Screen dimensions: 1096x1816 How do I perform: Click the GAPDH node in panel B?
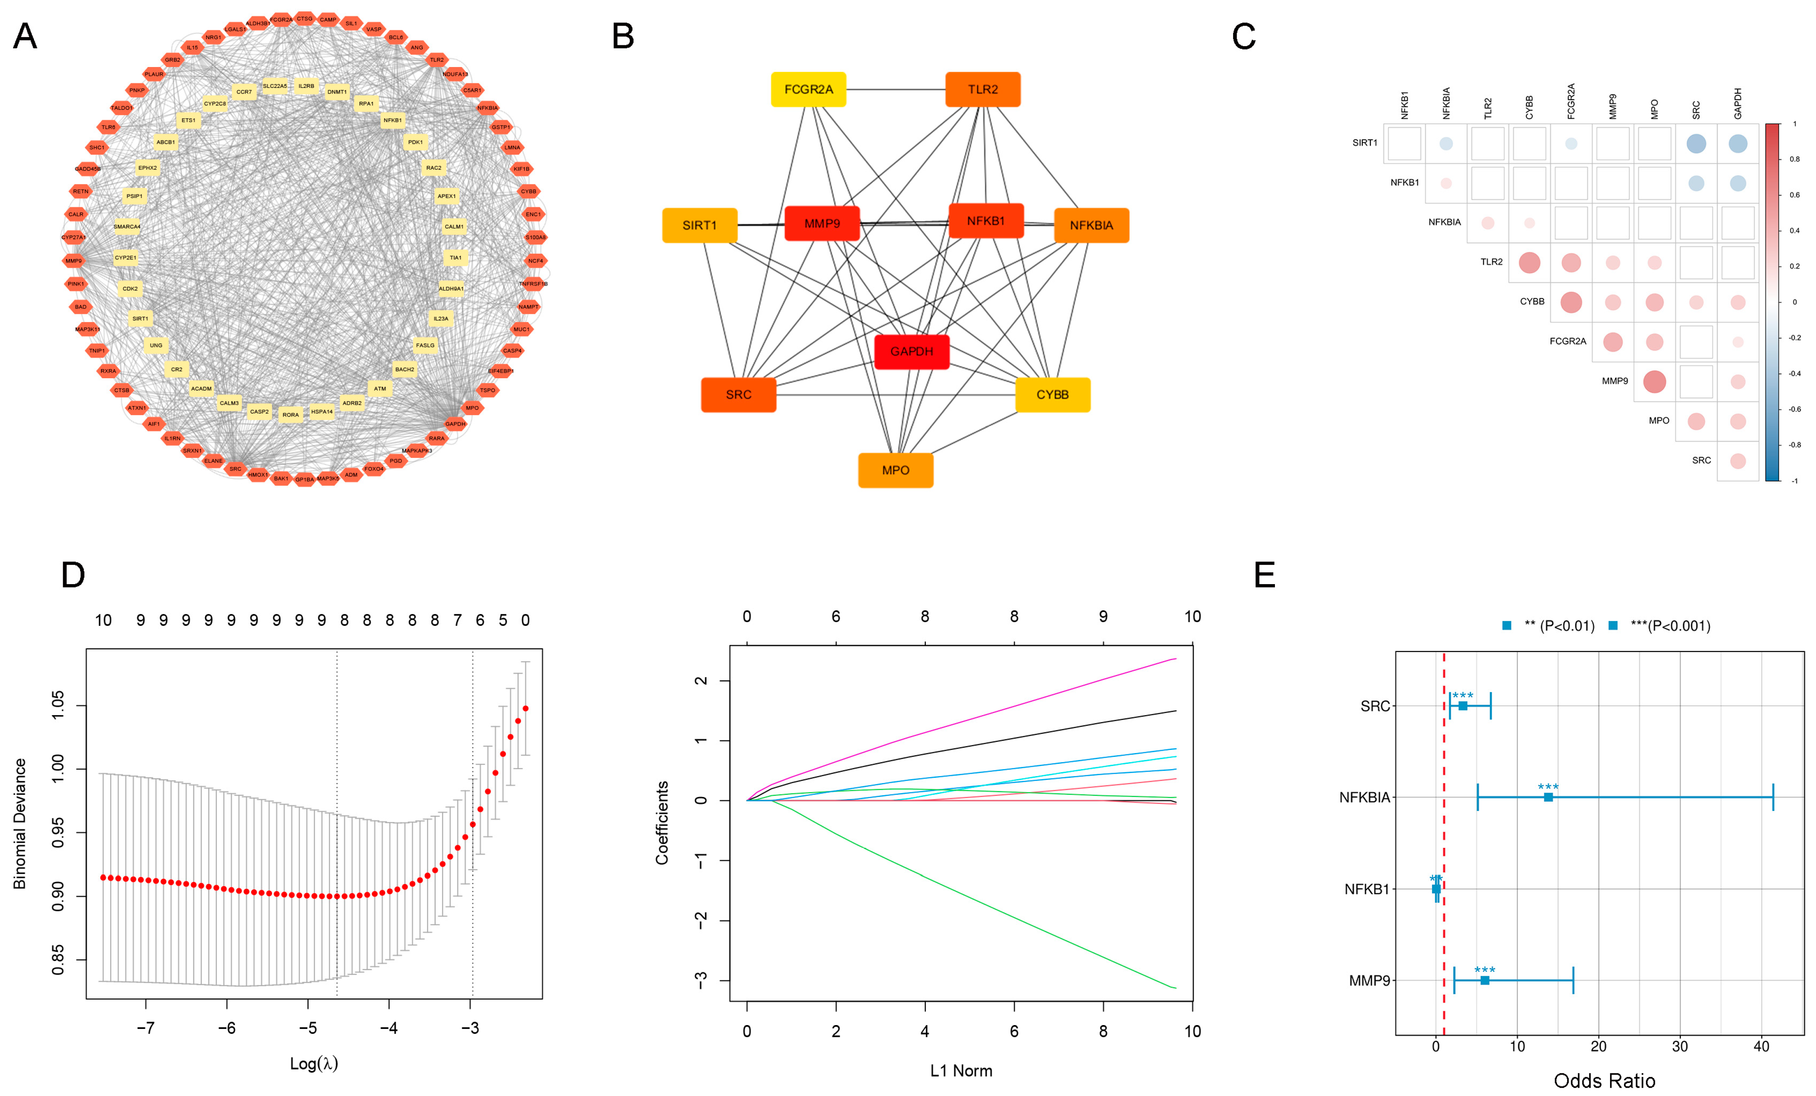pos(911,352)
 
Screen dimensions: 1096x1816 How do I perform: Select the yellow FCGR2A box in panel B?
pos(808,89)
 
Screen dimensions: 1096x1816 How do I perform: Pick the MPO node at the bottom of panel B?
pos(895,470)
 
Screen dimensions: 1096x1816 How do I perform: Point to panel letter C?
pos(1244,37)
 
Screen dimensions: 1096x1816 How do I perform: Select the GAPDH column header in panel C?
pos(1738,103)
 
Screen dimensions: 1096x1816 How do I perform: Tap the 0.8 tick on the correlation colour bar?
pos(1795,159)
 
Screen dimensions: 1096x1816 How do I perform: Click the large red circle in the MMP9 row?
pos(1655,382)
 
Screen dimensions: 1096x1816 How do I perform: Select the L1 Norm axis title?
pos(961,1071)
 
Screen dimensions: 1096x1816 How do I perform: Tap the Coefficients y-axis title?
pos(662,823)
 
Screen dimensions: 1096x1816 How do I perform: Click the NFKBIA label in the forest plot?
pos(1364,797)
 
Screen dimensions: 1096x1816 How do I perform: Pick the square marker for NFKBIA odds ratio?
pos(1548,797)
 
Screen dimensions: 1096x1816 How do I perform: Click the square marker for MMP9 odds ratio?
pos(1485,980)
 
